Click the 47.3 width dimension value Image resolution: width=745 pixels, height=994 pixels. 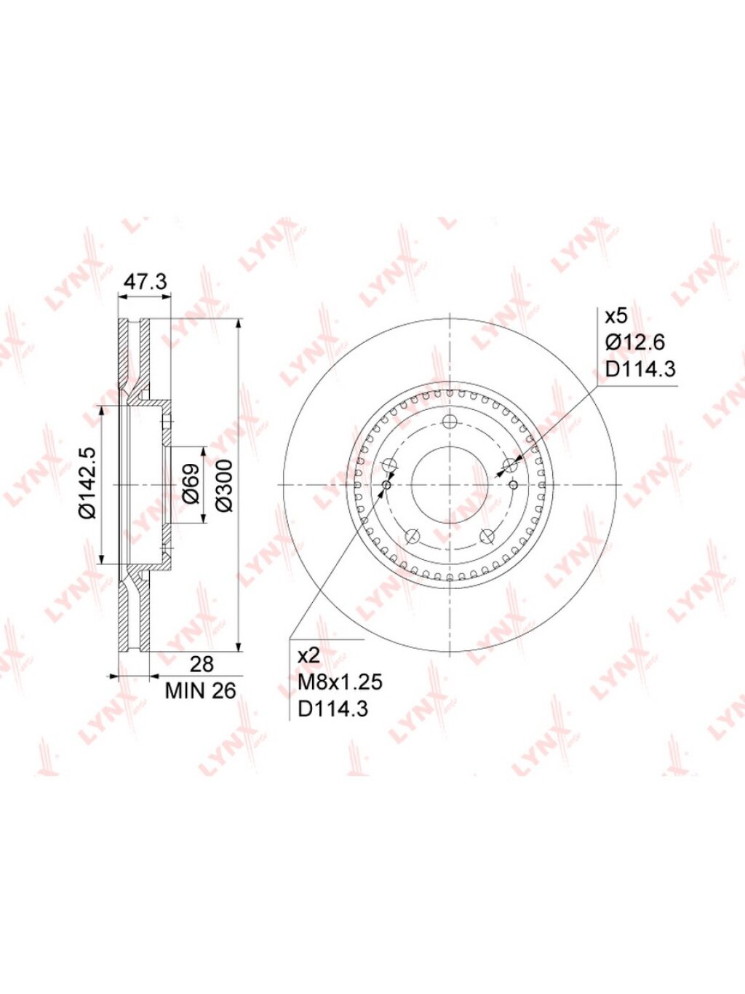tap(146, 281)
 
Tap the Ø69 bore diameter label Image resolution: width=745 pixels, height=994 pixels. tap(191, 484)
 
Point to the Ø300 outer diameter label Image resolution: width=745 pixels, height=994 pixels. tap(225, 485)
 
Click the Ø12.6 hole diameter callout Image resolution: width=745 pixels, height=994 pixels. tap(634, 343)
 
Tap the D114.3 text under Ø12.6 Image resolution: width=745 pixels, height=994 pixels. tap(640, 369)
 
